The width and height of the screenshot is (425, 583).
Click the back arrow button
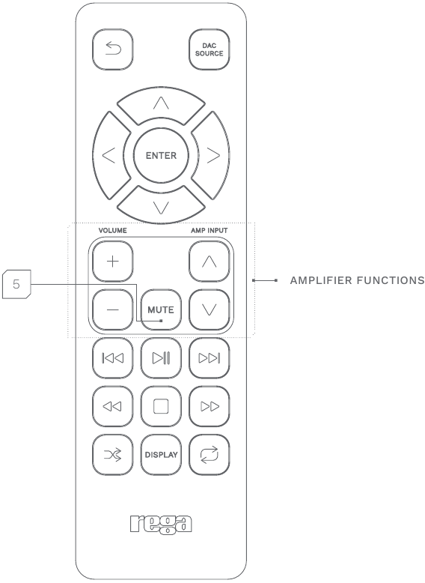pyautogui.click(x=113, y=49)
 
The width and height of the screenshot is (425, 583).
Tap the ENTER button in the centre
pyautogui.click(x=161, y=155)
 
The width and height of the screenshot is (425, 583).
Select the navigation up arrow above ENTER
pyautogui.click(x=161, y=105)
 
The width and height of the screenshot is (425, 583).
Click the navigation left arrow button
pyautogui.click(x=110, y=155)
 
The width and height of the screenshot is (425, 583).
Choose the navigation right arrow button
pyautogui.click(x=212, y=155)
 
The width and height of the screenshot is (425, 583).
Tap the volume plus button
pyautogui.click(x=113, y=262)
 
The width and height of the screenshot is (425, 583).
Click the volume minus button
pyautogui.click(x=113, y=309)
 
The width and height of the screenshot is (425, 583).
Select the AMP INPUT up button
pyautogui.click(x=210, y=262)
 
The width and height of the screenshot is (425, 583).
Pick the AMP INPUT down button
pyautogui.click(x=210, y=309)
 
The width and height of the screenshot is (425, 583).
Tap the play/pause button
pyautogui.click(x=161, y=358)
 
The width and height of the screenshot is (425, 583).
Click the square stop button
pyautogui.click(x=161, y=406)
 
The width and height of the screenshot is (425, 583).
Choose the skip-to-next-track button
pyautogui.click(x=210, y=358)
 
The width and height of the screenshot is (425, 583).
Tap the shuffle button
pyautogui.click(x=113, y=455)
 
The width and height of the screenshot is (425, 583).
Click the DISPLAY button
pyautogui.click(x=161, y=455)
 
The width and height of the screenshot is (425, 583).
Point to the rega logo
pyautogui.click(x=161, y=525)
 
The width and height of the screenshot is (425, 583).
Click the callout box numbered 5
pyautogui.click(x=16, y=285)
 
